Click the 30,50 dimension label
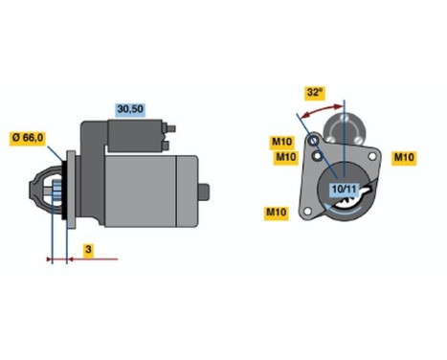pyautogui.click(x=129, y=108)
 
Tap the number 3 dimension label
pyautogui.click(x=87, y=250)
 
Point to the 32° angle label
pyautogui.click(x=313, y=92)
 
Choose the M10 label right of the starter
pyautogui.click(x=405, y=156)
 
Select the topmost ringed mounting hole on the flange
pyautogui.click(x=317, y=142)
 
